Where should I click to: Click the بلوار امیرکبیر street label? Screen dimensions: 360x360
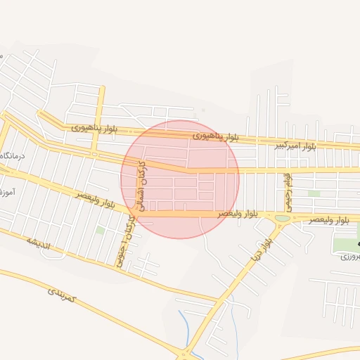[295, 146]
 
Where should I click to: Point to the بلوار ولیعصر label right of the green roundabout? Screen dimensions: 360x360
[328, 220]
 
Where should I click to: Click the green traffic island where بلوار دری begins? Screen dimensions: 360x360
[282, 219]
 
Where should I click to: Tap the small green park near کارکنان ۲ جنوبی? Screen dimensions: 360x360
[101, 230]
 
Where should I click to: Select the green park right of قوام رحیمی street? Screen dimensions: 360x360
[314, 193]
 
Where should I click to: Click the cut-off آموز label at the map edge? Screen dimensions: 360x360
[5, 191]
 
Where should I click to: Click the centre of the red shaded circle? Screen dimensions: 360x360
[180, 179]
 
